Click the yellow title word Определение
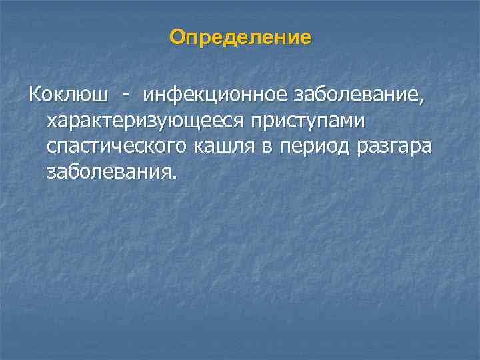click(x=240, y=37)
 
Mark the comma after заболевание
click(x=420, y=103)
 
